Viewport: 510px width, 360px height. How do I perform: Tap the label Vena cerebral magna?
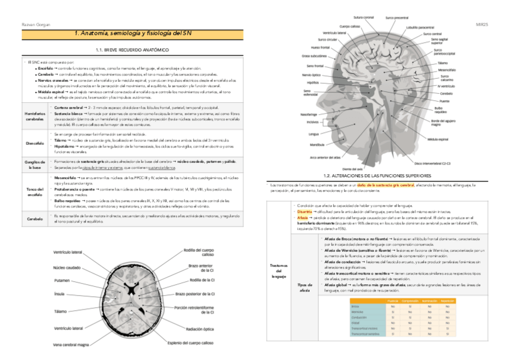coord(71,344)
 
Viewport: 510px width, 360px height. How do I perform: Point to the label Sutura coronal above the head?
coord(364,17)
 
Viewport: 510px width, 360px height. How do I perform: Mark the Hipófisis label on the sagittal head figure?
coord(312,82)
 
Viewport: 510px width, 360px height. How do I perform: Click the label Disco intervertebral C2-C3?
coord(432,163)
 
